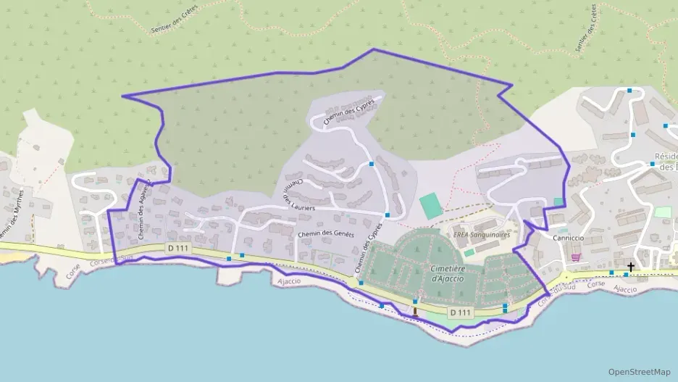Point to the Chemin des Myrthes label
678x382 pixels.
[20, 215]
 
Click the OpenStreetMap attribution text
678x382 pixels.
[640, 371]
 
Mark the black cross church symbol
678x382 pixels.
[631, 267]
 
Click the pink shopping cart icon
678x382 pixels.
[576, 257]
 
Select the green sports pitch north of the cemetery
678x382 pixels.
[430, 205]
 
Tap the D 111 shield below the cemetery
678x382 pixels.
[460, 312]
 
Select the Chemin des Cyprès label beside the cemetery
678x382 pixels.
[369, 250]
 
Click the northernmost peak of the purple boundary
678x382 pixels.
[372, 49]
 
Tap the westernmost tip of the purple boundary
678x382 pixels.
[122, 96]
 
